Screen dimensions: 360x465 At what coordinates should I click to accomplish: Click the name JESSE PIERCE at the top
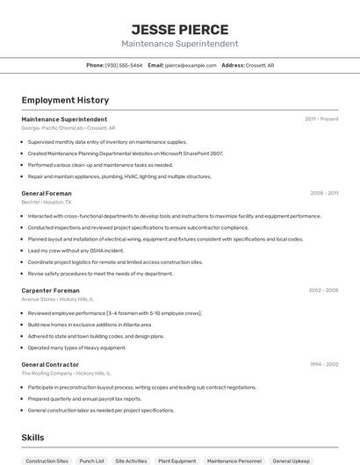[179, 29]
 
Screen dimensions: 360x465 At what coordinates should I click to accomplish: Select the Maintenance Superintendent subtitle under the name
[179, 44]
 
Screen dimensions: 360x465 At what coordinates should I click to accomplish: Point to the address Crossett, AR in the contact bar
[259, 65]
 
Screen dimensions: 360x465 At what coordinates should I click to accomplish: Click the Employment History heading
[65, 101]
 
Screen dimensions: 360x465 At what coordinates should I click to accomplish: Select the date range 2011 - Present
[321, 118]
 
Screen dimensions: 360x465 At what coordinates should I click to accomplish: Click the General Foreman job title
[47, 193]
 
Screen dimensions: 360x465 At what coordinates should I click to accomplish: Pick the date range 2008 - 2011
[323, 193]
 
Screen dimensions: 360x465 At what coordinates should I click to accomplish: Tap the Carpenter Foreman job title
[50, 290]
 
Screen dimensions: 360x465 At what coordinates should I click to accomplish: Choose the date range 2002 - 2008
[323, 290]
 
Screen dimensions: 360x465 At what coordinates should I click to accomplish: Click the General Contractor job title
[50, 364]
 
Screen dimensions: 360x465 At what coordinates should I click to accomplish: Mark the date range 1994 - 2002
[323, 364]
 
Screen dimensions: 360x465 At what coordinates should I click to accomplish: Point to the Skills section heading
[32, 438]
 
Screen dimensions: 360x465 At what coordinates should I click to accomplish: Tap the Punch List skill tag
[91, 461]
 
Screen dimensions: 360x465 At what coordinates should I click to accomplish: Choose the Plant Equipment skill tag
[176, 461]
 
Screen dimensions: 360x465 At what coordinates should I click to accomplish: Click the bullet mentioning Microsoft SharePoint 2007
[126, 154]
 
